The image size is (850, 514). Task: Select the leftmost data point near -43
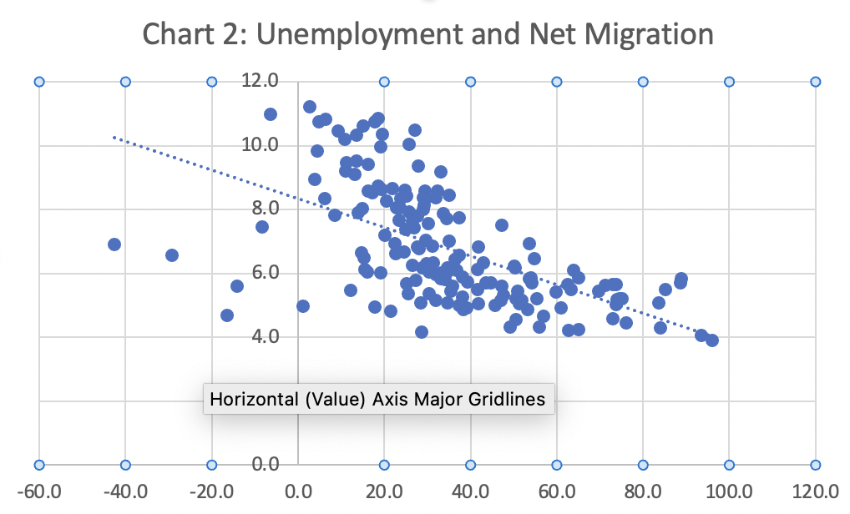[x=114, y=244]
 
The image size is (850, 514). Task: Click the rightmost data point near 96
[x=712, y=340]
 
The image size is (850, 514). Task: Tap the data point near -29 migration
[x=172, y=255]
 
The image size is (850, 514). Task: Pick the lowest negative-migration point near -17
[x=227, y=315]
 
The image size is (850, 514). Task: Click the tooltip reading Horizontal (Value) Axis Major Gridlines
[x=378, y=399]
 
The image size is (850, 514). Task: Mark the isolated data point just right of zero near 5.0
[x=303, y=306]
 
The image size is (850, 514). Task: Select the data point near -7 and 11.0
[x=271, y=114]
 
